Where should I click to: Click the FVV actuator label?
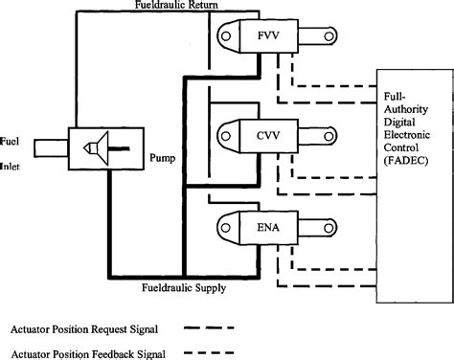pyautogui.click(x=269, y=41)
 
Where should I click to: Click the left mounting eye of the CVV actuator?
pyautogui.click(x=229, y=132)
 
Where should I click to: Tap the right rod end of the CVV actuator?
pyautogui.click(x=328, y=132)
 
